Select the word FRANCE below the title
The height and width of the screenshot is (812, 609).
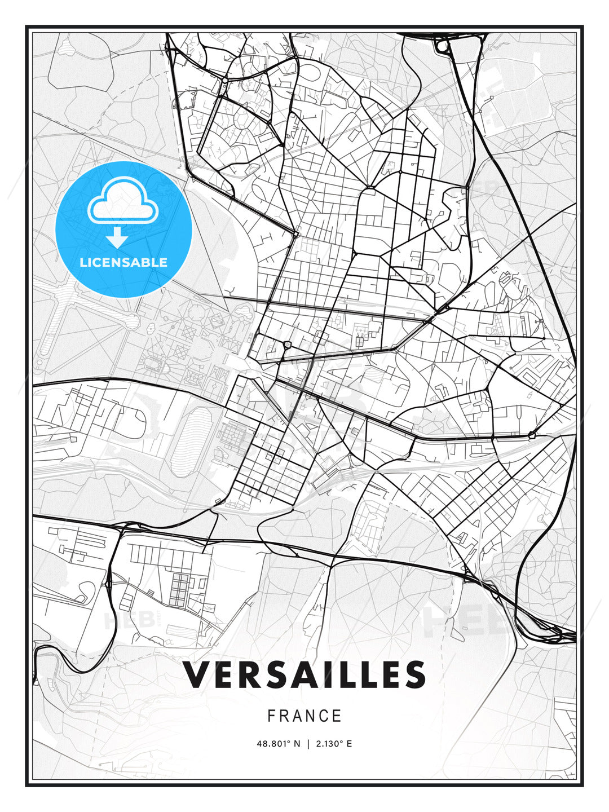[304, 716]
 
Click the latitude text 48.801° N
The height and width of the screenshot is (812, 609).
[277, 744]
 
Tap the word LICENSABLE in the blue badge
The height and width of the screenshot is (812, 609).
[123, 262]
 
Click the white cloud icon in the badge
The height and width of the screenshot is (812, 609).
[121, 201]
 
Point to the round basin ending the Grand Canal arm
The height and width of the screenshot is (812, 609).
[132, 322]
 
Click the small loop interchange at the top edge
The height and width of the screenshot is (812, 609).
[443, 45]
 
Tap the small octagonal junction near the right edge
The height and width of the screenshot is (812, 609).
[532, 435]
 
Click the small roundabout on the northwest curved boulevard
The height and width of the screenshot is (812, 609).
[224, 81]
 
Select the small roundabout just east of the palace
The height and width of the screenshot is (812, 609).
[288, 345]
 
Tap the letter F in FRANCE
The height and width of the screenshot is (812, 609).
[271, 716]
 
